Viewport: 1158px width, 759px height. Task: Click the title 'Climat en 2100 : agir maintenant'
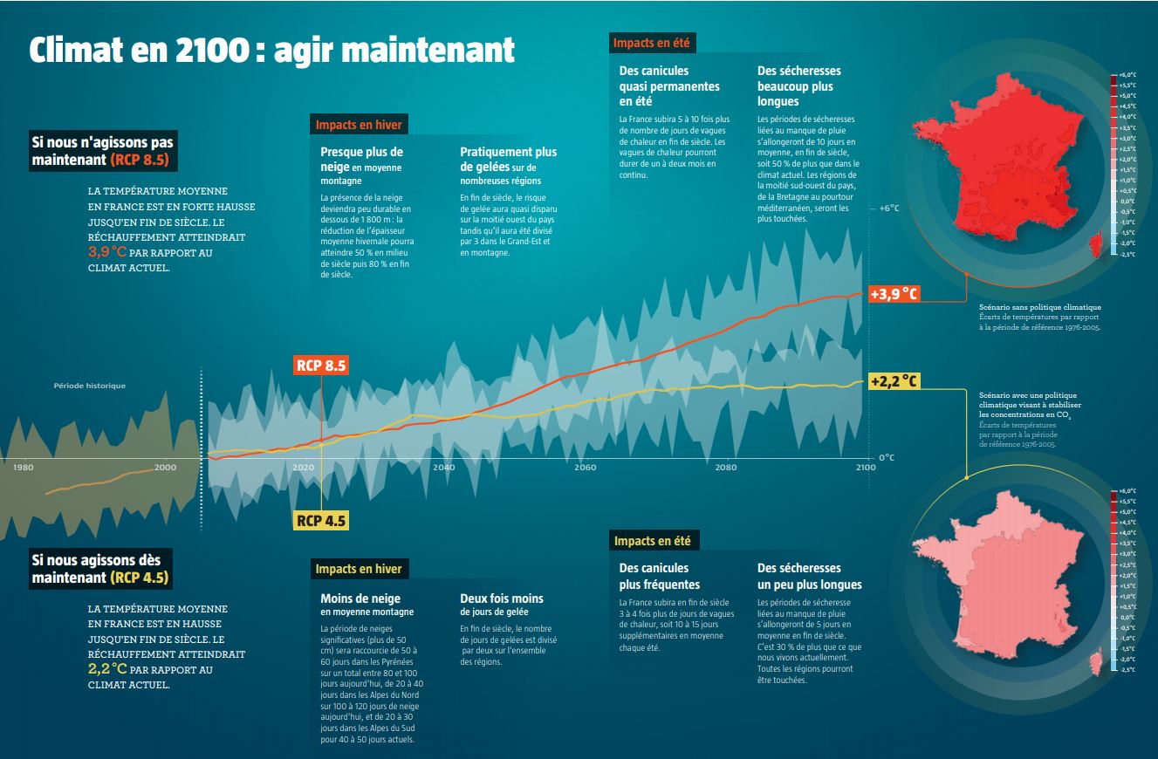271,51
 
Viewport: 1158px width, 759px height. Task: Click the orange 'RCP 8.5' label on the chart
321,366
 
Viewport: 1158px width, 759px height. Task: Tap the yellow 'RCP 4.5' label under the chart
321,521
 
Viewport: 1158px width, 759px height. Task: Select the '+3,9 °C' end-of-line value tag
894,293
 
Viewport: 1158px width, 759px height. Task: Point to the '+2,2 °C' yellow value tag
894,381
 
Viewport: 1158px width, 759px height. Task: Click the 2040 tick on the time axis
443,468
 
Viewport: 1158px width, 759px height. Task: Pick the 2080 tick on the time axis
725,468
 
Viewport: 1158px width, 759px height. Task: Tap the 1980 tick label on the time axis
24,468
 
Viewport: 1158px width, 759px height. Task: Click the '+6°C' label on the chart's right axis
888,209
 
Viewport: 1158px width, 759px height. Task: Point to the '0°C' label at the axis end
887,457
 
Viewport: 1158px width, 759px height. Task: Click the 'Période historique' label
89,386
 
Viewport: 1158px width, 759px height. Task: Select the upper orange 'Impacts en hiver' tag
359,125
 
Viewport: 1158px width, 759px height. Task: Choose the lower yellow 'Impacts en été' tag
654,541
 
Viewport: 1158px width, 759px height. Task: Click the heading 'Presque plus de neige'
361,159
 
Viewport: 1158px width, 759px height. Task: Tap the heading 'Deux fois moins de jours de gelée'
501,605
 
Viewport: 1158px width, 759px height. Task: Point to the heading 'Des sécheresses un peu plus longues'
809,576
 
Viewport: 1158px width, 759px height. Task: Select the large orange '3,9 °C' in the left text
107,252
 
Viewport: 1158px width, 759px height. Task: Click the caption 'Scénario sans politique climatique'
1039,307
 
